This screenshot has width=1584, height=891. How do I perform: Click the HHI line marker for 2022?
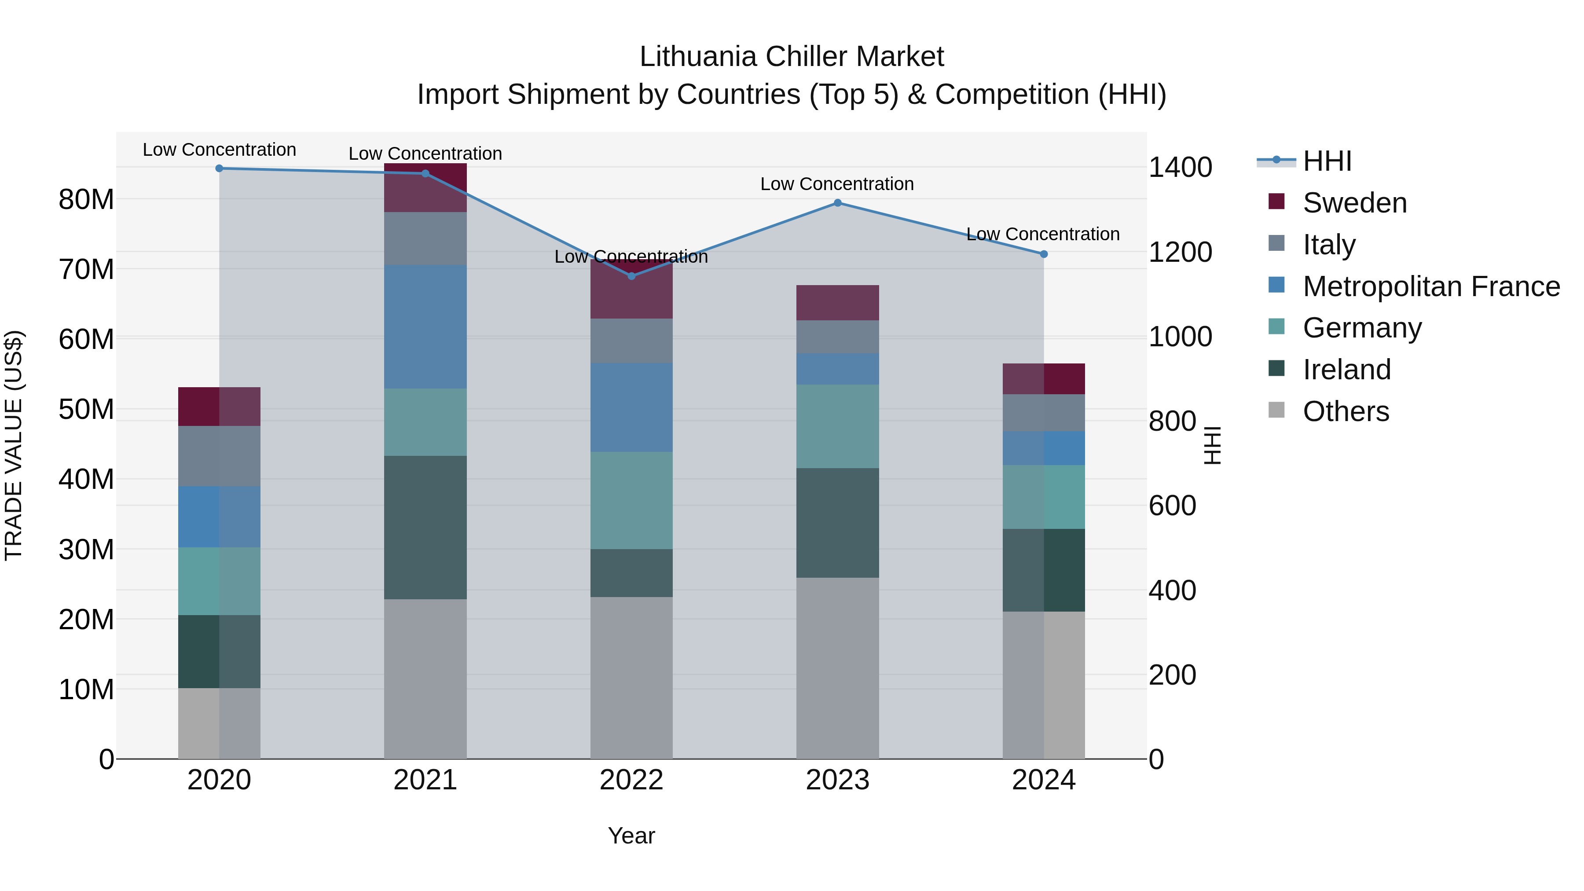[631, 276]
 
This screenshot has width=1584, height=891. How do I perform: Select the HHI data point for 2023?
[837, 203]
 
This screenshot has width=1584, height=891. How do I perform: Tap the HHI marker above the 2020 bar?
[220, 169]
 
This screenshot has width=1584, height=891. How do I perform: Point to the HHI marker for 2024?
[1044, 254]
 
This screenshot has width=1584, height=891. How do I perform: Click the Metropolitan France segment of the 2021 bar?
[425, 326]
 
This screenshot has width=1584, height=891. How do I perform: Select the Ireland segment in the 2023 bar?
[837, 523]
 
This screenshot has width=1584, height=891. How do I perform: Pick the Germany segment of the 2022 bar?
[631, 501]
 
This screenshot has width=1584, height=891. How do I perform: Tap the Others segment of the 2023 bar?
[837, 668]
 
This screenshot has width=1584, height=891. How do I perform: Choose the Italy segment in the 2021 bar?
[425, 238]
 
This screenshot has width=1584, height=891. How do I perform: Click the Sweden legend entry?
[1353, 203]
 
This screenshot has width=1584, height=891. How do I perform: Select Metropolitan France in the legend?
[1430, 286]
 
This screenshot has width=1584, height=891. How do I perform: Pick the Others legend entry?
[1346, 411]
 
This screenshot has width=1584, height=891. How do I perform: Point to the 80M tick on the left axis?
[86, 200]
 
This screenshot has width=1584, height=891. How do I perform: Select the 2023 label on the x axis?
[837, 780]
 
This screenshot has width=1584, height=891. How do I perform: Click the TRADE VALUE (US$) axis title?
[14, 445]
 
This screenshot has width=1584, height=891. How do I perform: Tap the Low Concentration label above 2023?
[837, 184]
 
